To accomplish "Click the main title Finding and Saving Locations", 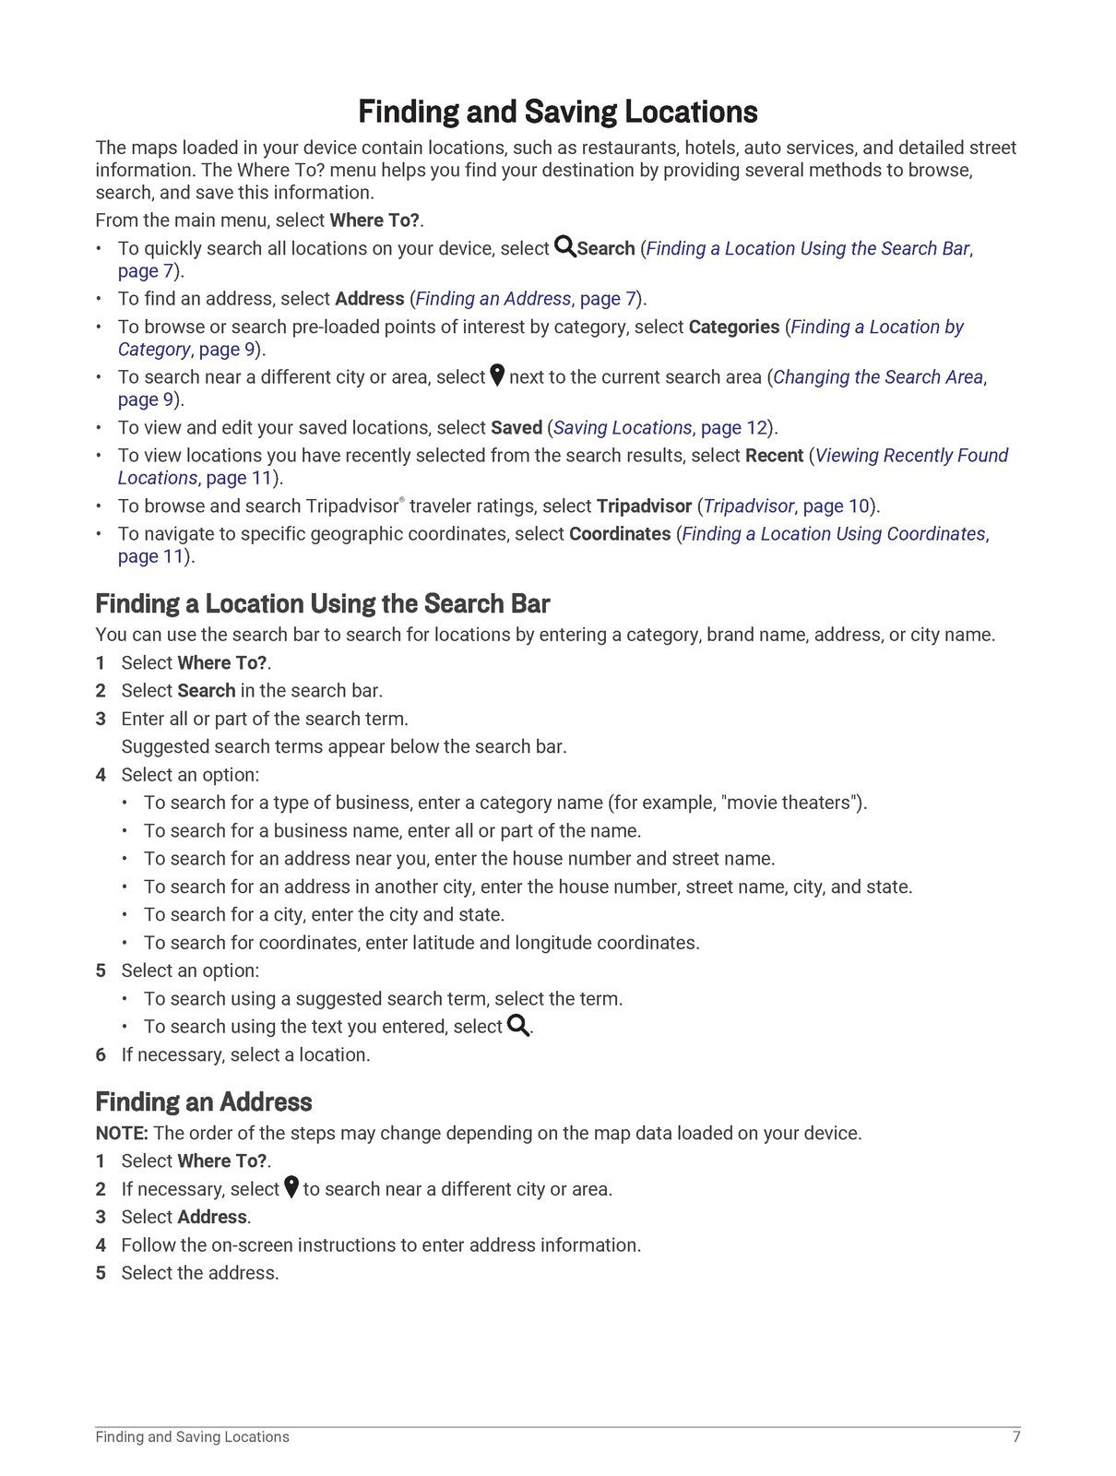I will (557, 112).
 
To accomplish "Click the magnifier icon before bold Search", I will (564, 247).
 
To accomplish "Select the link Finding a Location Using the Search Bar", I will (808, 248).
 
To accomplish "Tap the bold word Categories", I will (733, 327).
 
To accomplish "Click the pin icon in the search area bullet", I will (497, 375).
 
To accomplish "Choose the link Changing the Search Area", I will (878, 377).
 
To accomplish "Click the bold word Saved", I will (516, 428).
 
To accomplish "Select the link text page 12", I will (734, 428).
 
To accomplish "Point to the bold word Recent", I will (774, 456).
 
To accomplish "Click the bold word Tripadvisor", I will (644, 506).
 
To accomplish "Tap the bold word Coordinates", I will (620, 534).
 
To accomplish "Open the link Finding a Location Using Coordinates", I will (834, 534).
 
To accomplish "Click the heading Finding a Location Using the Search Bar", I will (322, 604).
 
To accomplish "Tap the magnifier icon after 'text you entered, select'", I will (518, 1026).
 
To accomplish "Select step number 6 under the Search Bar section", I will (101, 1054).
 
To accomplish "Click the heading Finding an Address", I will (203, 1102).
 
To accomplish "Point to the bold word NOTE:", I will (121, 1133).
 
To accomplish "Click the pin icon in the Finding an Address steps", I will (291, 1187).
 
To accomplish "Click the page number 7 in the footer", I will (1016, 1436).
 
